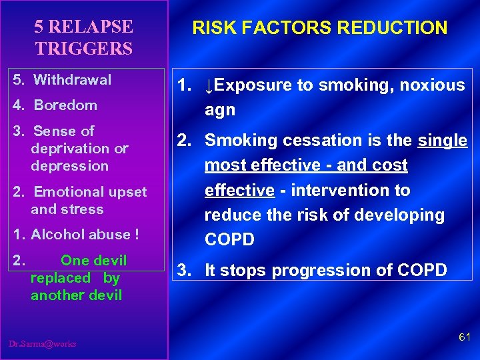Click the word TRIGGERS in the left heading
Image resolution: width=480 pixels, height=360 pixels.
pyautogui.click(x=84, y=49)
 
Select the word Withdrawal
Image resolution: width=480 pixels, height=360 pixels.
pyautogui.click(x=73, y=80)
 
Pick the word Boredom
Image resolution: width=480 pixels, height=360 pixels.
pyautogui.click(x=65, y=105)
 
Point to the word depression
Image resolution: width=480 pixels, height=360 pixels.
pyautogui.click(x=69, y=165)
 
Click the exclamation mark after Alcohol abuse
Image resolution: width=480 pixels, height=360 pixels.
pyautogui.click(x=137, y=235)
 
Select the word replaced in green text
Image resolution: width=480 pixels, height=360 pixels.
pyautogui.click(x=60, y=278)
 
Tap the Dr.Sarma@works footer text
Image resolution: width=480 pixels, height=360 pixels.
pyautogui.click(x=43, y=344)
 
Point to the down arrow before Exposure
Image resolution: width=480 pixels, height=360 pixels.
pyautogui.click(x=209, y=86)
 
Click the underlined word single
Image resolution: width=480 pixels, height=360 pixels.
pyautogui.click(x=443, y=141)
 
